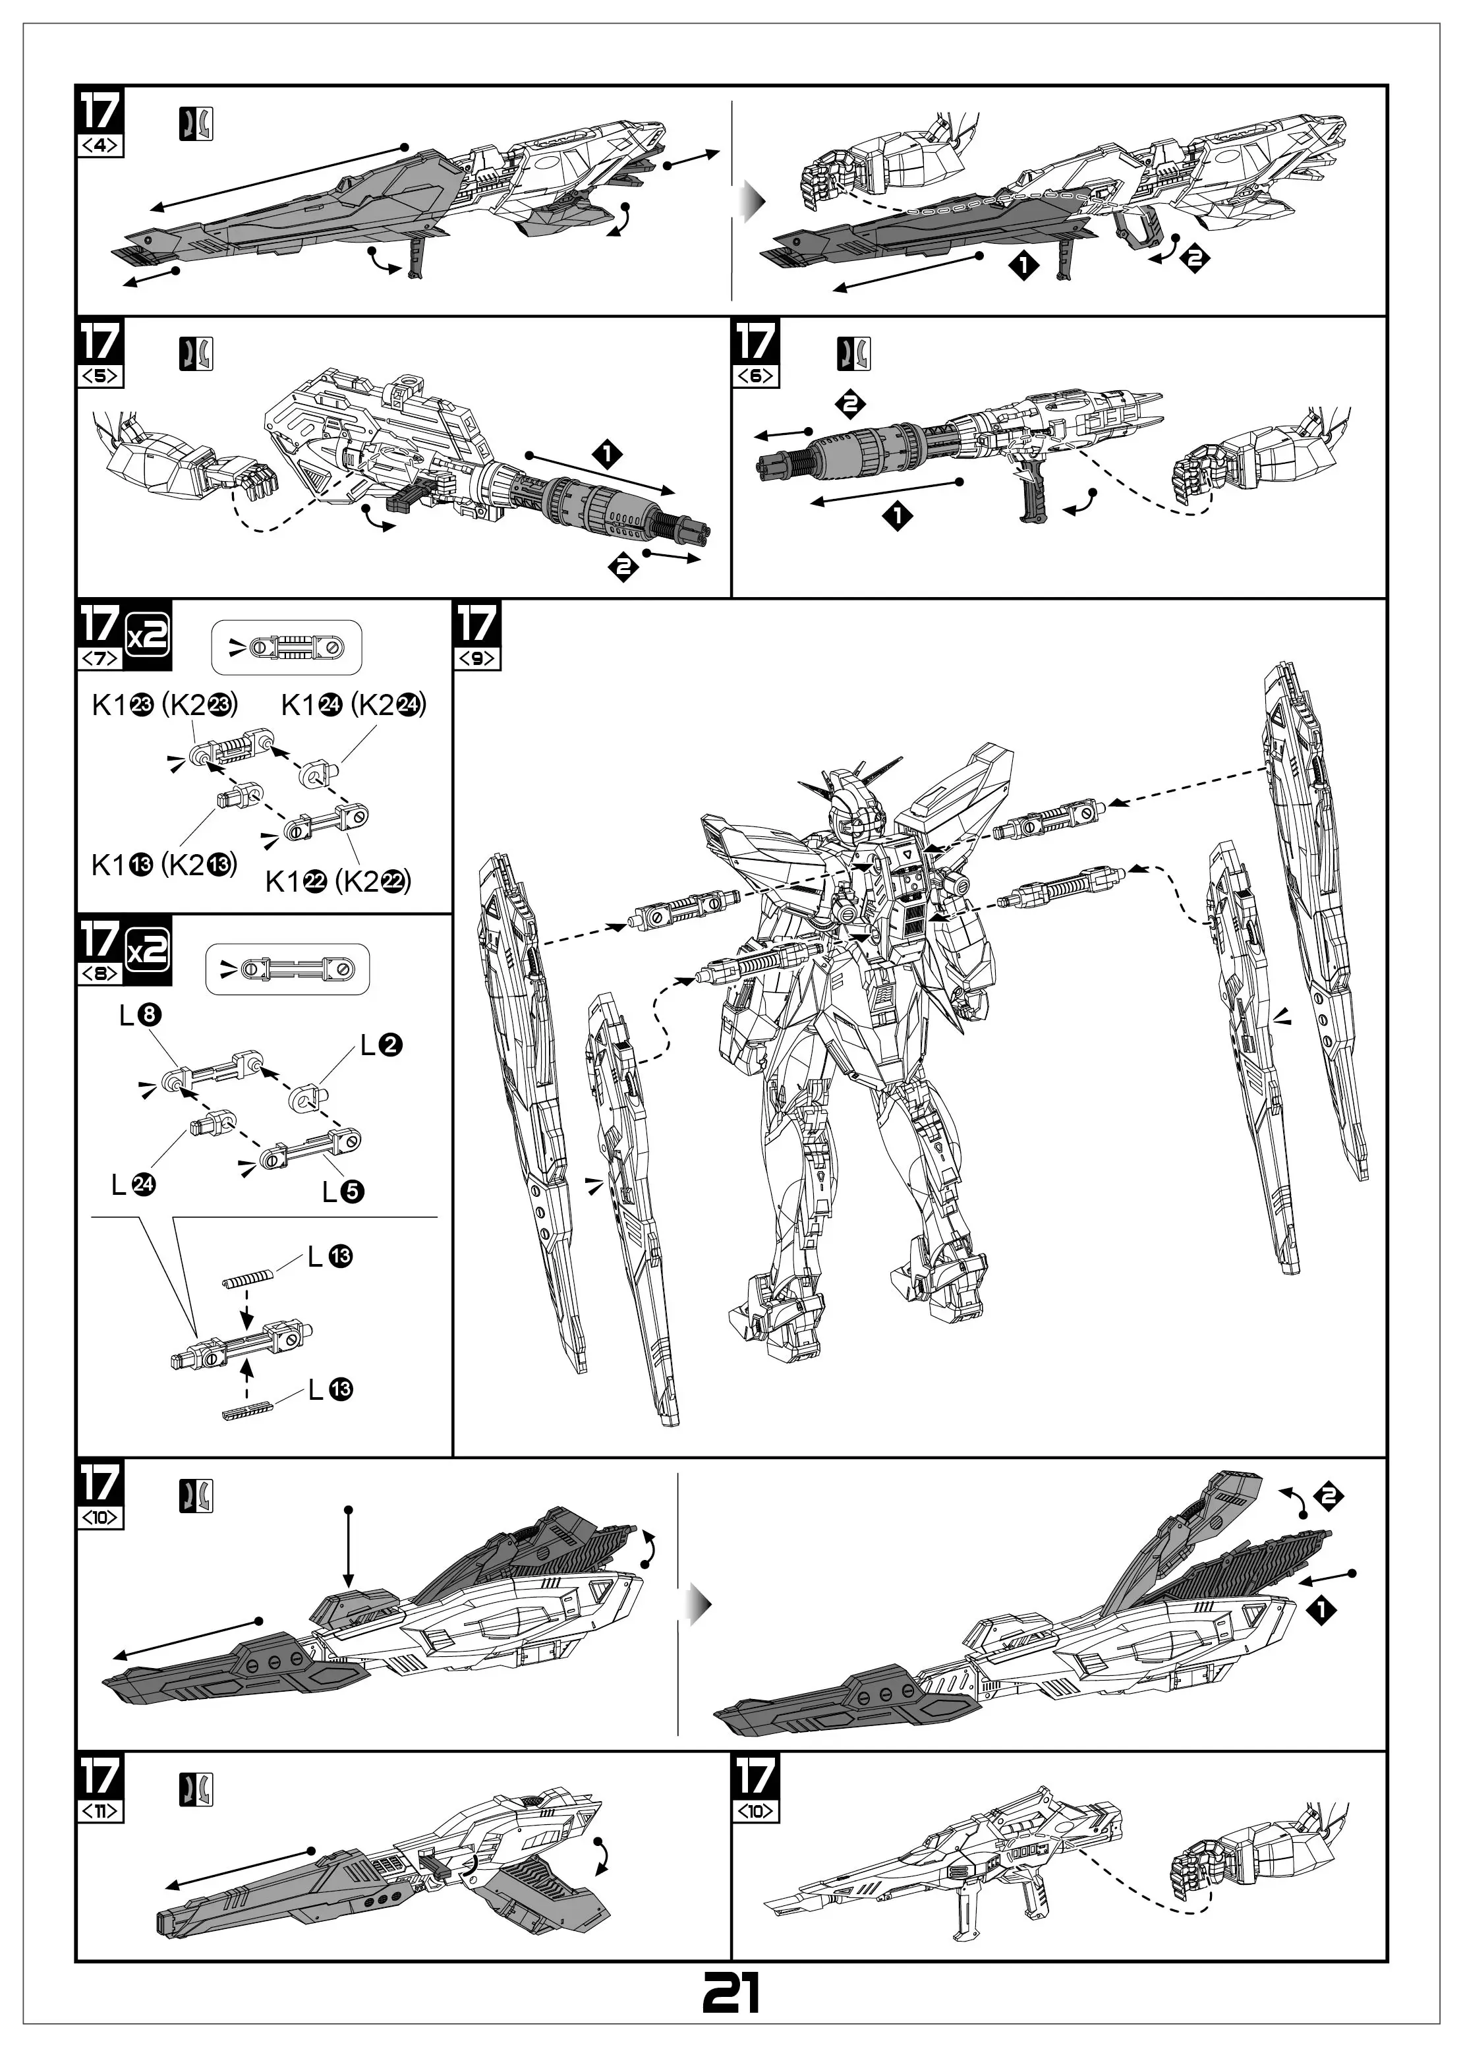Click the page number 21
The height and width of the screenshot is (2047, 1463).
(731, 1994)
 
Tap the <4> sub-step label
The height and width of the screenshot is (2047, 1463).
(100, 145)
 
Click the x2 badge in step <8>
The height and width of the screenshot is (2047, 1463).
(148, 952)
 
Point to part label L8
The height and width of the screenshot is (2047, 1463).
(140, 1016)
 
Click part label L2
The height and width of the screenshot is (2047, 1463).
(381, 1045)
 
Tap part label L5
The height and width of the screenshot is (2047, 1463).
(343, 1192)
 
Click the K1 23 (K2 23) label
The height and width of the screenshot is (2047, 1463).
(165, 705)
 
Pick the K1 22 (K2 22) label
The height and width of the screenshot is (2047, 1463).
(338, 881)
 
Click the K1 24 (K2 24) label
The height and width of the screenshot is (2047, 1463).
(353, 705)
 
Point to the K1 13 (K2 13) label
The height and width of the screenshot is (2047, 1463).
(164, 865)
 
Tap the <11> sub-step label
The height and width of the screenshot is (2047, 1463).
(100, 1812)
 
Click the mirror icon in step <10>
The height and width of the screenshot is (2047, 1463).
(196, 1497)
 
